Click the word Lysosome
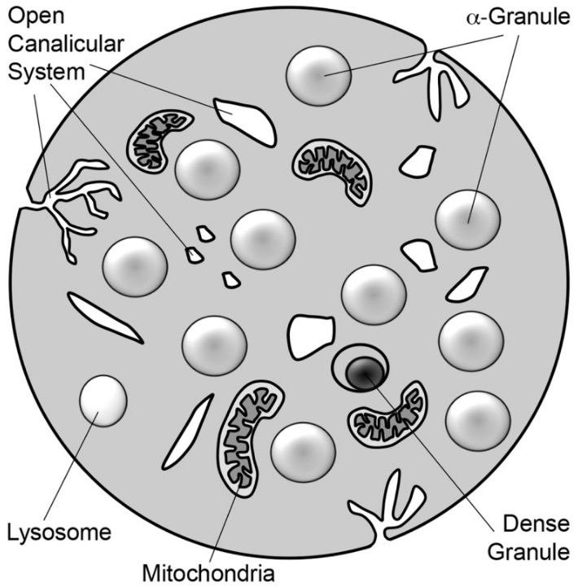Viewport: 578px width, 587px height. coord(59,532)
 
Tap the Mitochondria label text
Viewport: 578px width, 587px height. coord(209,573)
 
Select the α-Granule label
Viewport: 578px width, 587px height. coord(519,17)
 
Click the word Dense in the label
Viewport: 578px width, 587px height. coord(536,523)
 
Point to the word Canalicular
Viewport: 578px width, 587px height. coord(66,44)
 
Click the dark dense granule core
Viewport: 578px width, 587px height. coord(364,373)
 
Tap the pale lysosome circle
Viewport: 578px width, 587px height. coord(103,401)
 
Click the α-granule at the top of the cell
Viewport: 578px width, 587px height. coord(318,76)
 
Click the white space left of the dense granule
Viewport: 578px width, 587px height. coord(310,336)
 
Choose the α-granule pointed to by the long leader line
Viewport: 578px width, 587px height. coord(468,220)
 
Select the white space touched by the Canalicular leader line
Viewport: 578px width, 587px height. coord(245,120)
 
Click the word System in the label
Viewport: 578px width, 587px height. coord(46,72)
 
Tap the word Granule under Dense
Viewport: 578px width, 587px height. coord(528,552)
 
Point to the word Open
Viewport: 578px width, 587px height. coord(37,17)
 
